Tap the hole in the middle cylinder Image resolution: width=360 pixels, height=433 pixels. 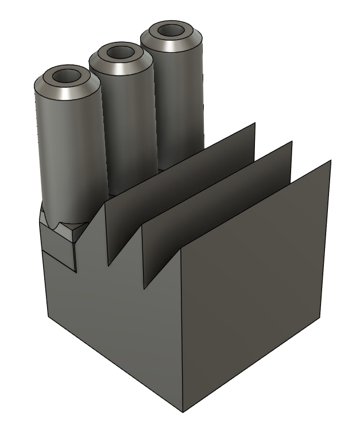[x=120, y=52]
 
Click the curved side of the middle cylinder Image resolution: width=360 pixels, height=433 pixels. [x=123, y=126]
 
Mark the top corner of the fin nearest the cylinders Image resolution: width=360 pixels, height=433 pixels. [x=255, y=123]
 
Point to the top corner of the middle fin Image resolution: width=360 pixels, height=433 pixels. [x=292, y=141]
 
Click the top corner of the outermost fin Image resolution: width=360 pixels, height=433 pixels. [x=331, y=161]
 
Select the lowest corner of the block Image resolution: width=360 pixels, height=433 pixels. [x=183, y=412]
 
